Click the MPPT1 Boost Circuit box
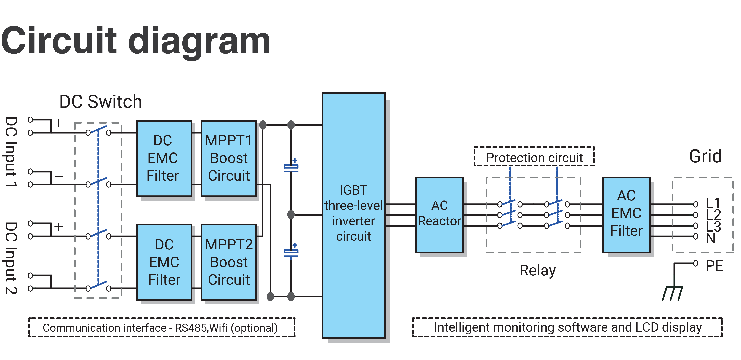click(x=228, y=158)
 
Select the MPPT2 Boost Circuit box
click(x=228, y=262)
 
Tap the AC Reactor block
click(x=439, y=215)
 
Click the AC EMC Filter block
click(x=626, y=215)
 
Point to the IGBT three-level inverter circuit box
click(x=354, y=215)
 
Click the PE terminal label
click(x=714, y=266)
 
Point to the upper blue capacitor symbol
click(x=291, y=167)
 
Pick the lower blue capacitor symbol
click(x=291, y=252)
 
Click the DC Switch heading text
click(x=100, y=102)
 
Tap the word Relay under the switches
click(x=537, y=271)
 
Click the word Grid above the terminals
click(x=705, y=156)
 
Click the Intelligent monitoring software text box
click(x=567, y=327)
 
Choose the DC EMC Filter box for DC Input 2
click(x=164, y=262)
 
